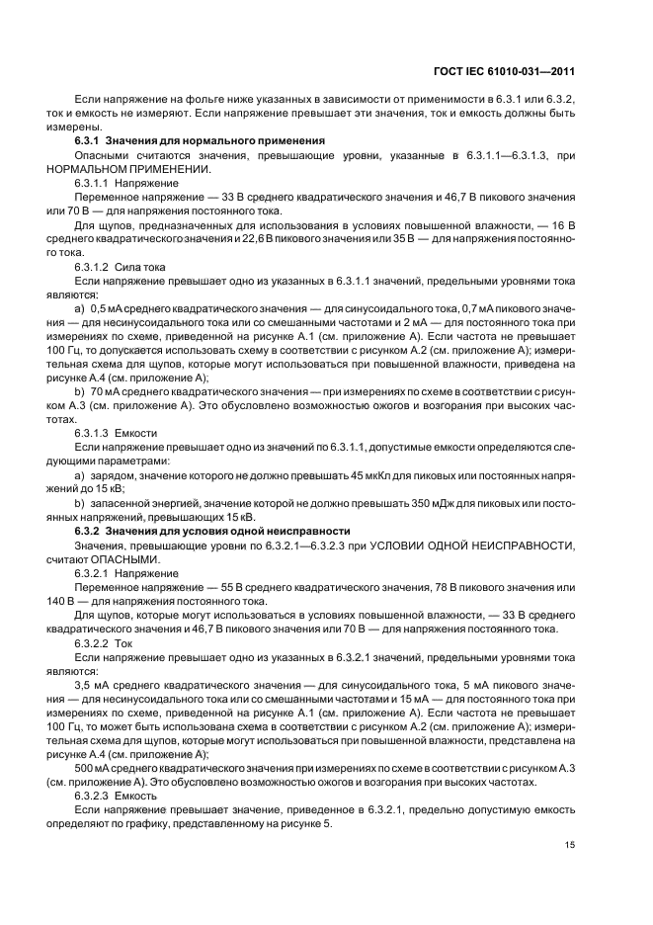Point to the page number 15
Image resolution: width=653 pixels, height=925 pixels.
pyautogui.click(x=570, y=843)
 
